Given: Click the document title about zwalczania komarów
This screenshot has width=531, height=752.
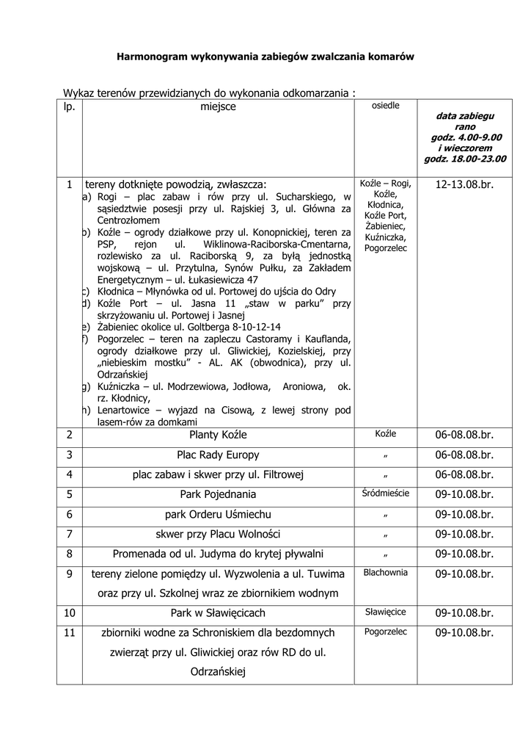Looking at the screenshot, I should (x=266, y=57).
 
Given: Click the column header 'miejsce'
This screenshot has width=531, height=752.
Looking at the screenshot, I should (x=218, y=107).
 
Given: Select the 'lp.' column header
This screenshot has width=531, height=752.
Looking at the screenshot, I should (x=69, y=107).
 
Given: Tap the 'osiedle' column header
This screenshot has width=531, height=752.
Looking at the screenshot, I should (x=386, y=106).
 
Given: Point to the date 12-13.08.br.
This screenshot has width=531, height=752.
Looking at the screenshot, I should (x=464, y=184).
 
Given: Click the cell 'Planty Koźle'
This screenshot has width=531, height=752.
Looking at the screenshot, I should (x=218, y=435).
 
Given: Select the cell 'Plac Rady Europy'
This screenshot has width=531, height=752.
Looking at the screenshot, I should (x=218, y=455).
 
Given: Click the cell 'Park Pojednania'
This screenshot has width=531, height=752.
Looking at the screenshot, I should (x=218, y=494).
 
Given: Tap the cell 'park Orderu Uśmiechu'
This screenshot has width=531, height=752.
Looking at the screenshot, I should (x=218, y=514).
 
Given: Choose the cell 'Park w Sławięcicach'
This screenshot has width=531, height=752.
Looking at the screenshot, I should (x=218, y=612).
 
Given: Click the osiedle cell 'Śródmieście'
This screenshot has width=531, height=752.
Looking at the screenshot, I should (x=386, y=493).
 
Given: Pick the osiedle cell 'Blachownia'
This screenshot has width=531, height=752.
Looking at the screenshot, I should (x=386, y=572).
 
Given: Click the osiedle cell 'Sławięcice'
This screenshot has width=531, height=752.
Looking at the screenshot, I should (x=386, y=612).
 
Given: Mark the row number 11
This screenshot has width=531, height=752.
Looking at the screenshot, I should (x=69, y=632).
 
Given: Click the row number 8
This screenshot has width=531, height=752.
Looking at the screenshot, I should (x=69, y=554).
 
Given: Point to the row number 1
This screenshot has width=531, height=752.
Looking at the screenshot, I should (x=69, y=184).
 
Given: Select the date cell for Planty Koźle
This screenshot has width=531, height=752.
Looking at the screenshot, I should (x=464, y=435).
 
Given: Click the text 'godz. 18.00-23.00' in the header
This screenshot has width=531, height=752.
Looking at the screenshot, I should (x=465, y=158).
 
